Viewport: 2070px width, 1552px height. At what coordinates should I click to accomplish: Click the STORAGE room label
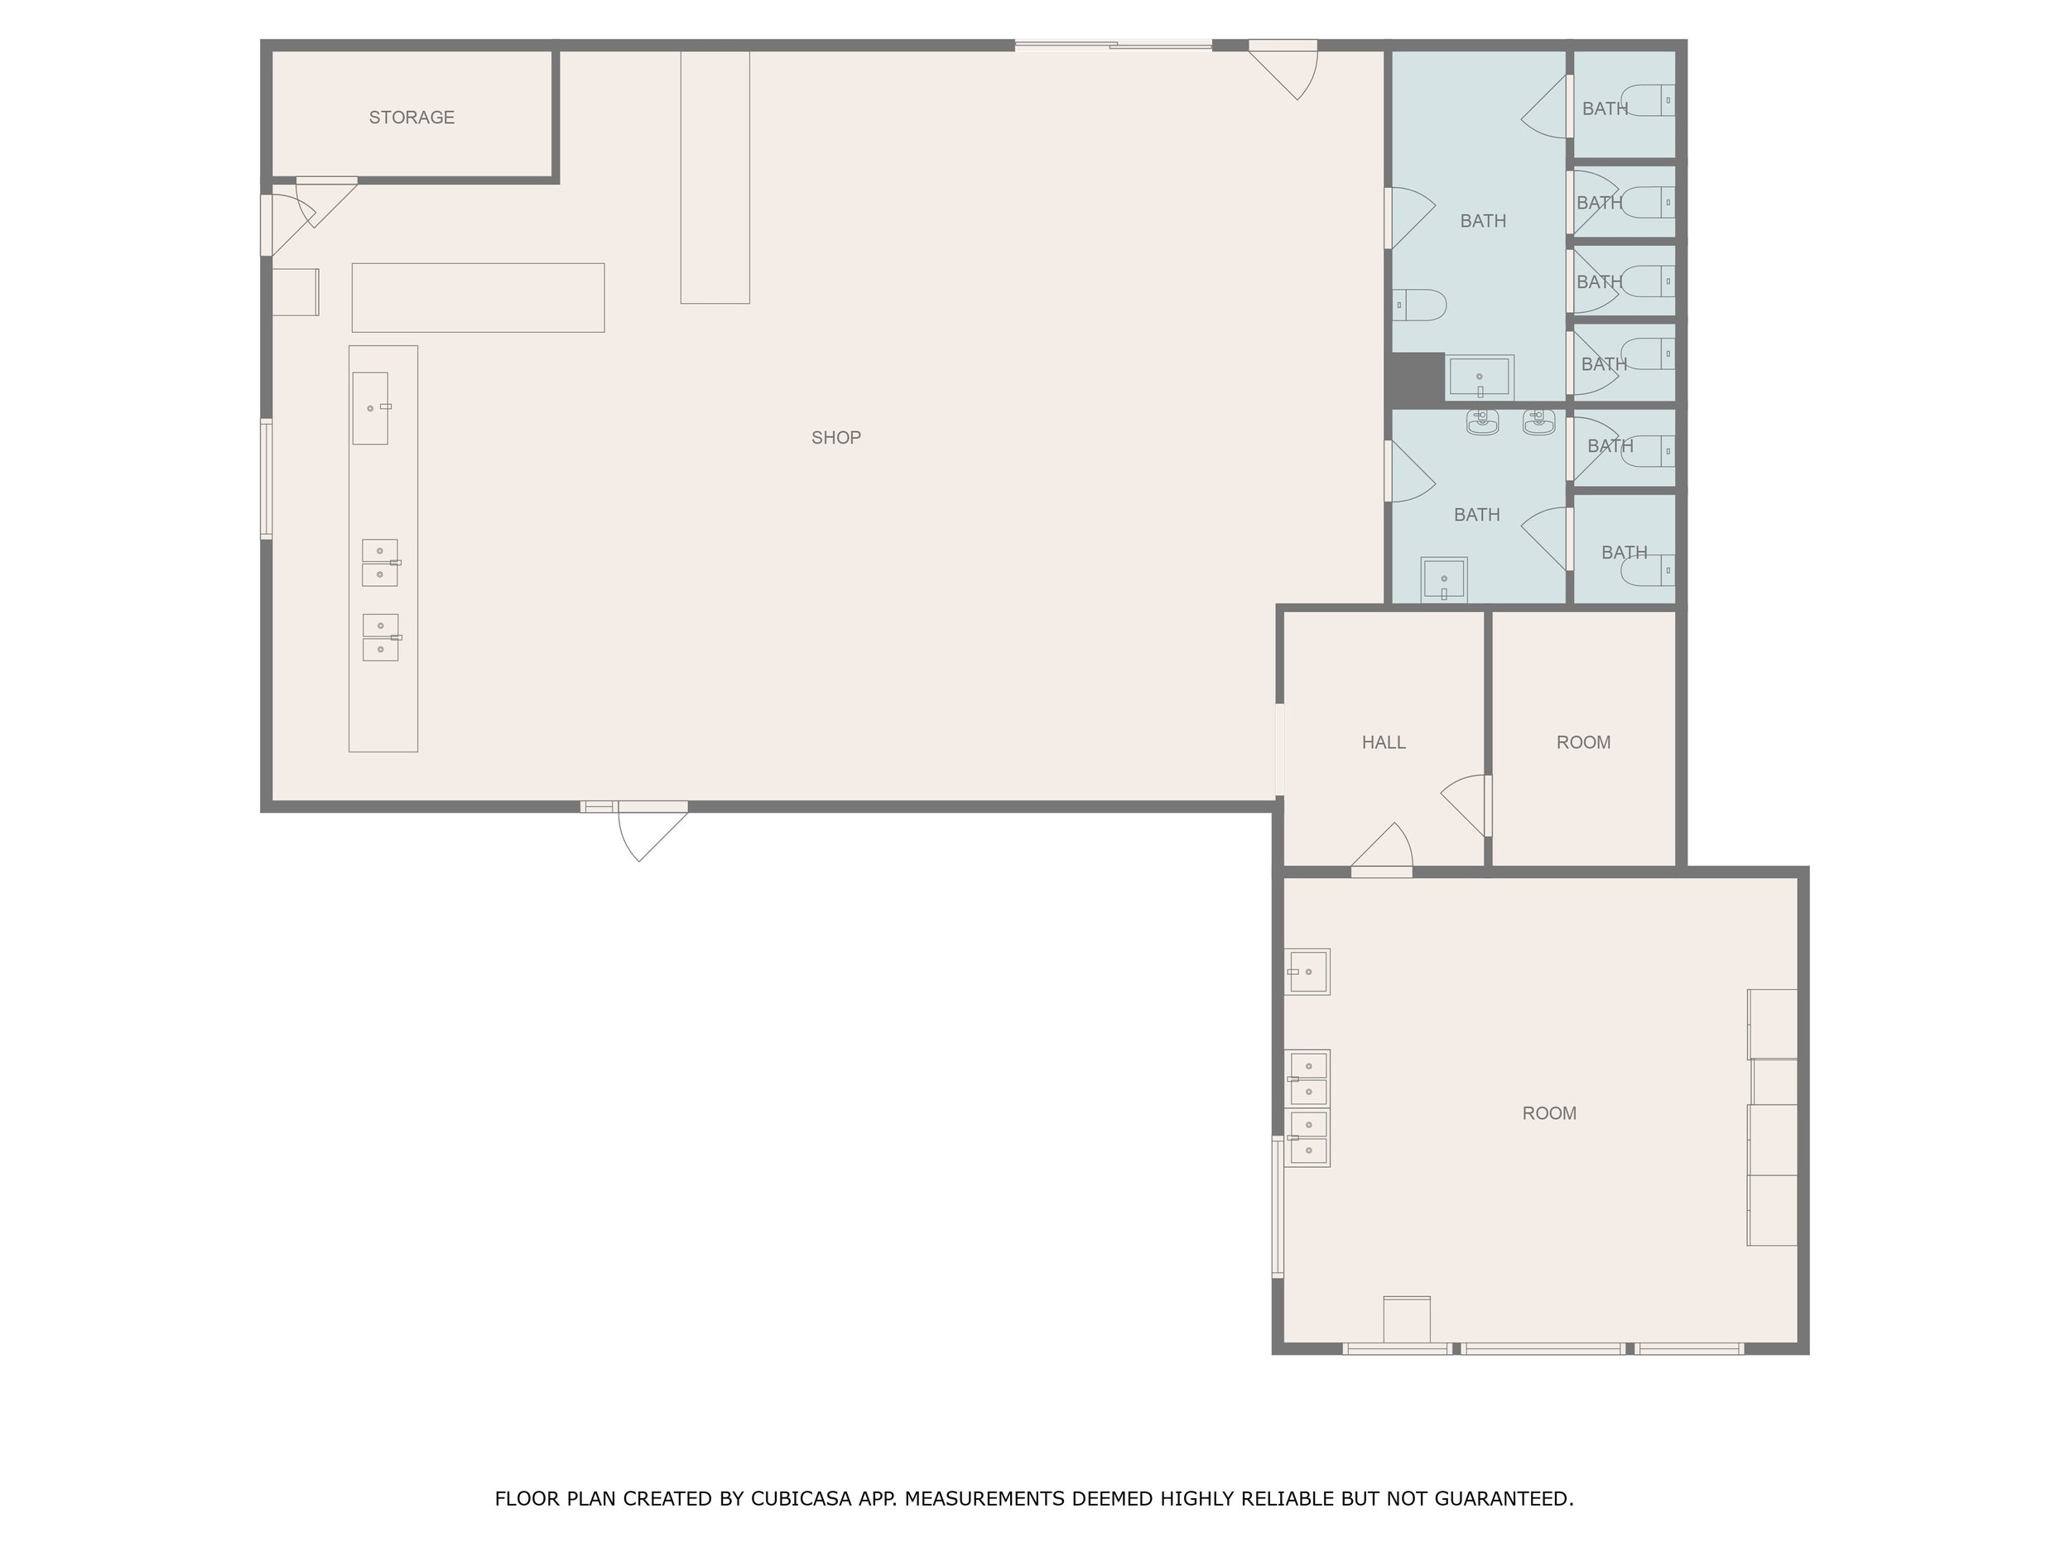411,118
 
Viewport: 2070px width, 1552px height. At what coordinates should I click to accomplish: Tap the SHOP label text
835,438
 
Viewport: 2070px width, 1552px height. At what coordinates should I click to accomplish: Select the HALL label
1383,742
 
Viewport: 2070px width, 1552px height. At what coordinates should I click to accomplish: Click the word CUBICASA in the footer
801,1499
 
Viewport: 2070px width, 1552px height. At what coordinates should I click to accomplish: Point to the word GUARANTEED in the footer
1504,1499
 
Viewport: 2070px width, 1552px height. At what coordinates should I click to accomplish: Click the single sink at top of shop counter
371,408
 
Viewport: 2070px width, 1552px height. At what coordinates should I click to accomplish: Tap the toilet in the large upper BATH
1420,305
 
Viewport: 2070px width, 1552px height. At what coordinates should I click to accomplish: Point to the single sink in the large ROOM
1307,972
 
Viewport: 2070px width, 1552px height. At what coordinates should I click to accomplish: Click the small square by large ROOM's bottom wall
1407,1319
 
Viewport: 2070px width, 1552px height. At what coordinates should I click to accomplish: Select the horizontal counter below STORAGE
479,297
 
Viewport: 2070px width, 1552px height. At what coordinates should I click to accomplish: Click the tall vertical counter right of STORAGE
715,177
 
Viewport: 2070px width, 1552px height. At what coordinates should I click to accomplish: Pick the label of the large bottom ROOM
1548,1113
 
